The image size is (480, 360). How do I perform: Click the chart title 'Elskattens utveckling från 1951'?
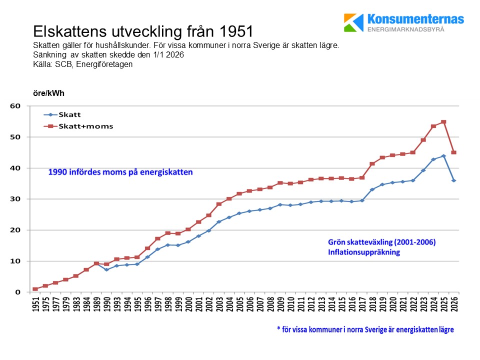pos(143,31)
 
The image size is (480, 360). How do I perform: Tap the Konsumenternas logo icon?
pos(354,22)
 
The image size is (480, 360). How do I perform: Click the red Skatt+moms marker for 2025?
pos(443,122)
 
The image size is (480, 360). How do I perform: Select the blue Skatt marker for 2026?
pos(453,180)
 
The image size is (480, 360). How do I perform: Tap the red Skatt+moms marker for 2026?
pos(453,152)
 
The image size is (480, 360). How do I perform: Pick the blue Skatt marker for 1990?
pos(106,269)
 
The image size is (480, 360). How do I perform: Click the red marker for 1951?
pos(35,289)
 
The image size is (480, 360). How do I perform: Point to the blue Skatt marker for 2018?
pos(372,189)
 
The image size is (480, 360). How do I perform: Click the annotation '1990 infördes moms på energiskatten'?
pos(120,172)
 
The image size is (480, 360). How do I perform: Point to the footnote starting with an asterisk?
pos(365,330)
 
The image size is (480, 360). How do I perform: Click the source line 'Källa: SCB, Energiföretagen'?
pos(82,64)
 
